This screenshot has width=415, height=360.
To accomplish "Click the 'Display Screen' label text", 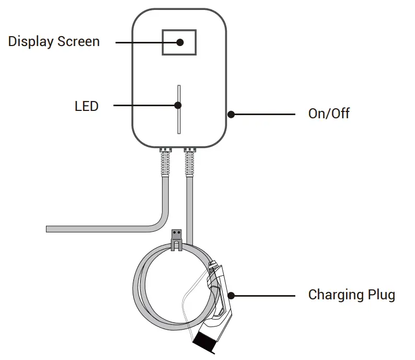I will tap(54, 41).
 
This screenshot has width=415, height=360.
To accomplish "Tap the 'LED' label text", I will tap(86, 106).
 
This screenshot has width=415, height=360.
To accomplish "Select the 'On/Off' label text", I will tap(329, 114).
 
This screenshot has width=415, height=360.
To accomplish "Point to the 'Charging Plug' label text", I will tap(351, 295).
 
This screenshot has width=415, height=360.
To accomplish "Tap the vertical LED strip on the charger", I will tap(178, 123).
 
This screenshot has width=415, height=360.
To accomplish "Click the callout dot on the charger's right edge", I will tap(230, 114).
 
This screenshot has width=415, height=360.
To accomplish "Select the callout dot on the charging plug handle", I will tap(230, 295).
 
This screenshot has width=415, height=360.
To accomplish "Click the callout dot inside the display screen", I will tap(179, 42).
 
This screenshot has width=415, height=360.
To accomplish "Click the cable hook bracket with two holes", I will tap(178, 237).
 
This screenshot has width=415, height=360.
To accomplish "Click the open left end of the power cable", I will tap(48, 229).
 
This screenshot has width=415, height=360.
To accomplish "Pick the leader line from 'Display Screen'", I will tap(146, 42).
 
